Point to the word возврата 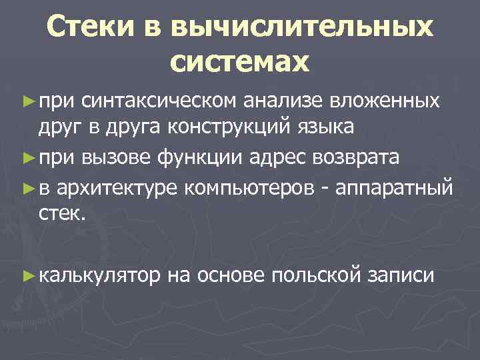(353, 158)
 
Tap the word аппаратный (395, 189)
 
